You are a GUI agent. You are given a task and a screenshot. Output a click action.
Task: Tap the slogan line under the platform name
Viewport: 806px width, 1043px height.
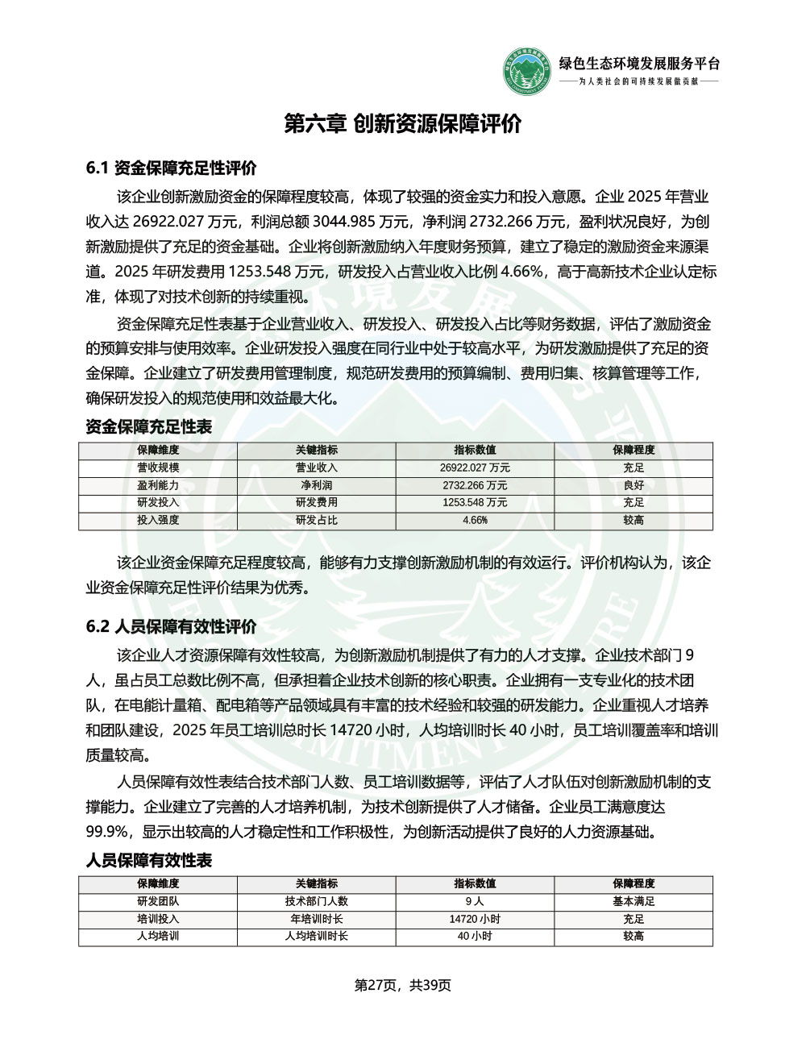[639, 82]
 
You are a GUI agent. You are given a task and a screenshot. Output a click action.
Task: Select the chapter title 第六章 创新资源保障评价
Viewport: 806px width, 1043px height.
[403, 123]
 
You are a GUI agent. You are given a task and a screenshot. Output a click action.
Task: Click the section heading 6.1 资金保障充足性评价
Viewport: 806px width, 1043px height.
[171, 168]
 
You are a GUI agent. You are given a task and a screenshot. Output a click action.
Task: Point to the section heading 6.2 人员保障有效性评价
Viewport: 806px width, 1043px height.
[171, 626]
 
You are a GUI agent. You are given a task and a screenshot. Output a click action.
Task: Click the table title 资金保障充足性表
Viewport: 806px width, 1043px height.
[149, 427]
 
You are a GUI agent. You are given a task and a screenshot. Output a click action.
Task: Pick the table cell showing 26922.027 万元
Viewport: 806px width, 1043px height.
[475, 468]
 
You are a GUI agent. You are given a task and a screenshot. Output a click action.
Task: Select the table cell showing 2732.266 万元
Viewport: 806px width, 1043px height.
[475, 486]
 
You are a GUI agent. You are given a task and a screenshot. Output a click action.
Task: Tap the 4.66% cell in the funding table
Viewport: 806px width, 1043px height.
[475, 521]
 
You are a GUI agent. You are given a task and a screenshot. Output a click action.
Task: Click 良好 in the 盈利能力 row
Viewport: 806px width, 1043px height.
[634, 486]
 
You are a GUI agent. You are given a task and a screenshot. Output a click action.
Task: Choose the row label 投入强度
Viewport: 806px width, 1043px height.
[158, 521]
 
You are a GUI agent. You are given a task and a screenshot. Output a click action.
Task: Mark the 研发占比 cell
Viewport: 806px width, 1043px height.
[317, 521]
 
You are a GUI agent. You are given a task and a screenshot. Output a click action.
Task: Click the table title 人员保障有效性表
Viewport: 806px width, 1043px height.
[149, 861]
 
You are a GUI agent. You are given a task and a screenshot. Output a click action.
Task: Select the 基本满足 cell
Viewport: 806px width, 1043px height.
[634, 902]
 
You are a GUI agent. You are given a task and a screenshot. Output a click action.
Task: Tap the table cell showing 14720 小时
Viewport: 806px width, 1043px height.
[475, 920]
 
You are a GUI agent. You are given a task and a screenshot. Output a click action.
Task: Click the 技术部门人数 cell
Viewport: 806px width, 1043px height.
[317, 902]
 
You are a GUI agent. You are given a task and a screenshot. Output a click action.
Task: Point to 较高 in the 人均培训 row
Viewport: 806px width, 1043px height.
[634, 937]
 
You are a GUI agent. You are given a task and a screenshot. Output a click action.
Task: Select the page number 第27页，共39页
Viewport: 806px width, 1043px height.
[403, 985]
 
